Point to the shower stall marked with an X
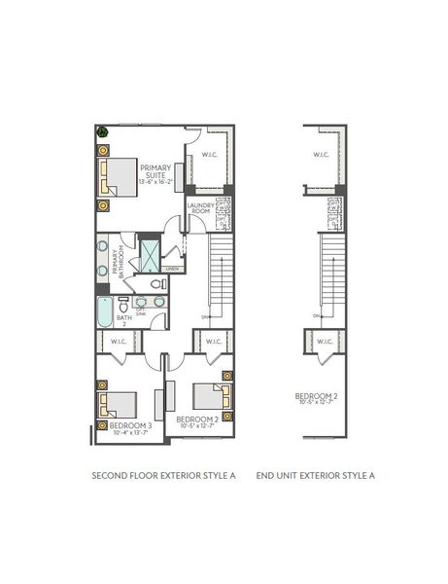[151, 256]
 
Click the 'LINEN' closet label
[172, 269]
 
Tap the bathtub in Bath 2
[105, 312]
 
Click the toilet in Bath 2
[159, 284]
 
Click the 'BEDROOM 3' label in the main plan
[130, 425]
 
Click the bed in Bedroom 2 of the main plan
[210, 395]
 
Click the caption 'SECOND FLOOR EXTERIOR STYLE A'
[164, 476]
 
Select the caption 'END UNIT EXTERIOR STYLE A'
[315, 476]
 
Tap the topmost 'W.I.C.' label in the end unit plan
[322, 155]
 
